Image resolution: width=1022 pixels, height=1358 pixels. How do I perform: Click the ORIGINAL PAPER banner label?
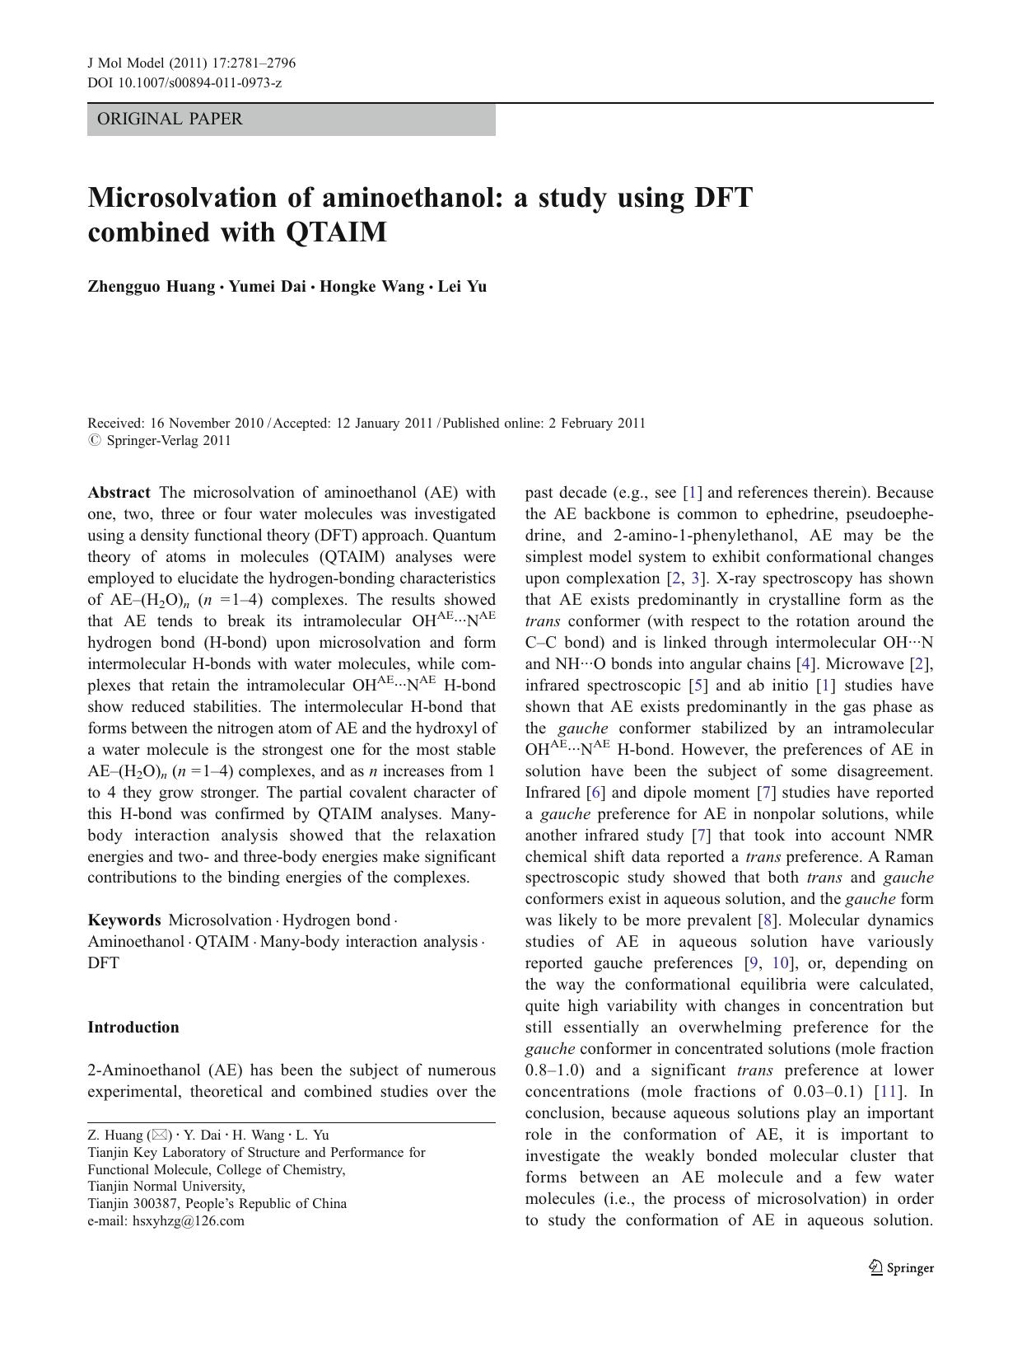[x=170, y=119]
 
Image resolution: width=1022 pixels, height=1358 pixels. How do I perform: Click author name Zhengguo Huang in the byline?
[x=151, y=287]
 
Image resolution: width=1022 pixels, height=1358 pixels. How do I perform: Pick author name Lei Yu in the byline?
[x=462, y=287]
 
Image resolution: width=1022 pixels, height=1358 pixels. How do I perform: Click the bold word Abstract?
[x=119, y=493]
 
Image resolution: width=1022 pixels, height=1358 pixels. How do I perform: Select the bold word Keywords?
[x=124, y=920]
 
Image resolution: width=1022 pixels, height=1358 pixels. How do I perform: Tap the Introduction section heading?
[x=133, y=1028]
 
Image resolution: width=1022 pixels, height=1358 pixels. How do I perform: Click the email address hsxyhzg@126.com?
[x=189, y=1221]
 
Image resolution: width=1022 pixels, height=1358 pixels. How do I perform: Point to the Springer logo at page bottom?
[x=901, y=1268]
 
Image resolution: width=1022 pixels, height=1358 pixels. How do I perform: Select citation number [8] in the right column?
[x=767, y=920]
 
